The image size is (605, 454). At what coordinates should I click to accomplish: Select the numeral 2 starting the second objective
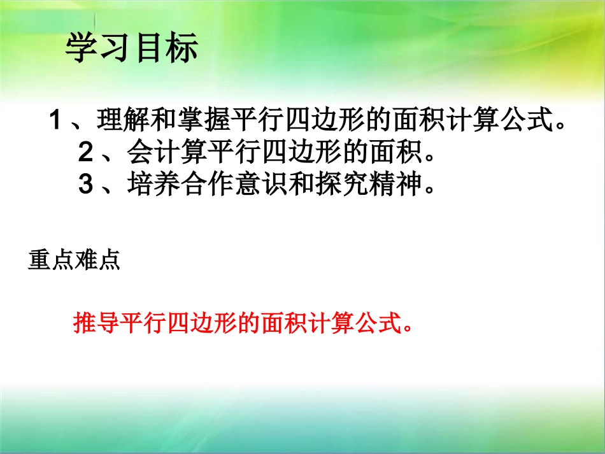86,153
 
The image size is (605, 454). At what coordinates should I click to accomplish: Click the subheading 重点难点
74,261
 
